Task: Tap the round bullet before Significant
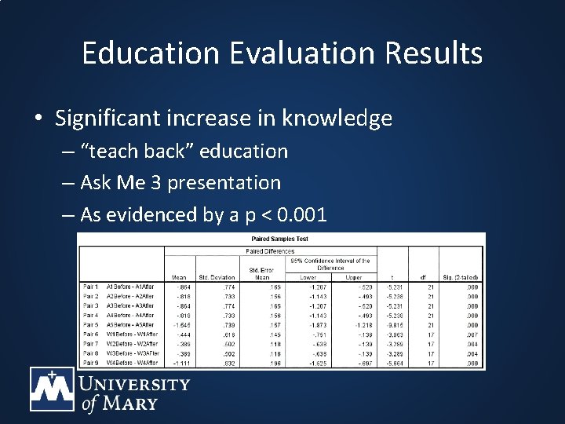pos(38,119)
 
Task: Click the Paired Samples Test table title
pos(280,239)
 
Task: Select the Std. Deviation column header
pos(216,277)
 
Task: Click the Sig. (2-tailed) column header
pos(460,277)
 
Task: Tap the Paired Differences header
pos(270,251)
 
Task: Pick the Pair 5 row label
pos(91,325)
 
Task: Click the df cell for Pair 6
pos(422,334)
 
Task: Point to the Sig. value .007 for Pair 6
pos(472,334)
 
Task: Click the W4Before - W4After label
pos(132,363)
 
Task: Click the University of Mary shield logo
pos(52,389)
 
